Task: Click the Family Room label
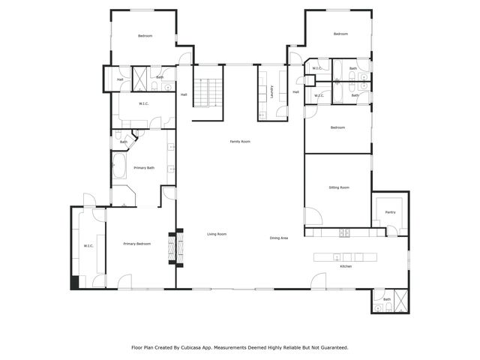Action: pyautogui.click(x=240, y=142)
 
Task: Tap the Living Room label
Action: pyautogui.click(x=217, y=235)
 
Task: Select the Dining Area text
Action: pyautogui.click(x=279, y=238)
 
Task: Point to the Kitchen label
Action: pyautogui.click(x=346, y=266)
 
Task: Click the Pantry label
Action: pyautogui.click(x=390, y=212)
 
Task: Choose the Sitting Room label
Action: pyautogui.click(x=339, y=187)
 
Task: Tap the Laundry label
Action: pyautogui.click(x=271, y=92)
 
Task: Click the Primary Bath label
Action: pyautogui.click(x=144, y=168)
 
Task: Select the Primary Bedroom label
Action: pyautogui.click(x=137, y=244)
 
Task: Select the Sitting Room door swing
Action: pyautogui.click(x=313, y=217)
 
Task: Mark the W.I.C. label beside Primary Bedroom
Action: pyautogui.click(x=88, y=246)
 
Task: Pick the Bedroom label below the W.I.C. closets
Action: pyautogui.click(x=337, y=127)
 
